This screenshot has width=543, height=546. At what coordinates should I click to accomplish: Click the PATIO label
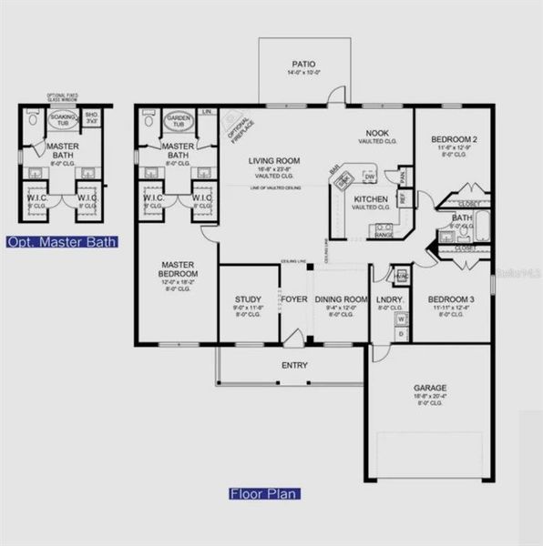(301, 54)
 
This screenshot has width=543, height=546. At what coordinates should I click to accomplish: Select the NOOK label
(377, 132)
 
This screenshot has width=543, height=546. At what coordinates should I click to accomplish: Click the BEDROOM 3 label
(447, 299)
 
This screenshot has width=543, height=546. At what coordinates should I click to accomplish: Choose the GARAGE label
(430, 388)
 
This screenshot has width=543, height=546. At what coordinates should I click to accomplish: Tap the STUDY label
(248, 298)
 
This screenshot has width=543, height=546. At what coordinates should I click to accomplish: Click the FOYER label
(293, 298)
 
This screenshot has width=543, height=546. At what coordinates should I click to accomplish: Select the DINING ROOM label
(341, 299)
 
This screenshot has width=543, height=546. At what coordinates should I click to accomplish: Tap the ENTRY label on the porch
(294, 366)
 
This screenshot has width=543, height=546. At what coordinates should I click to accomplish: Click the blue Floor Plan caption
(264, 494)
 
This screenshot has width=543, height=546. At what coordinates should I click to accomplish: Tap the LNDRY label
(390, 299)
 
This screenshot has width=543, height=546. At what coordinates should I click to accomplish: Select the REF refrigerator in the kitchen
(402, 195)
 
